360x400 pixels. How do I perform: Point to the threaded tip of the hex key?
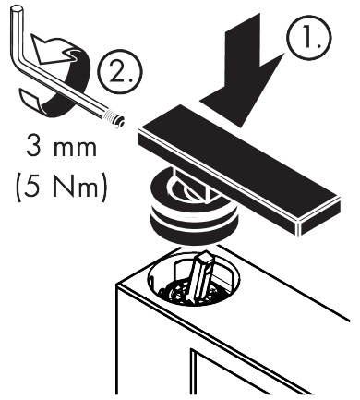coord(117,117)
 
